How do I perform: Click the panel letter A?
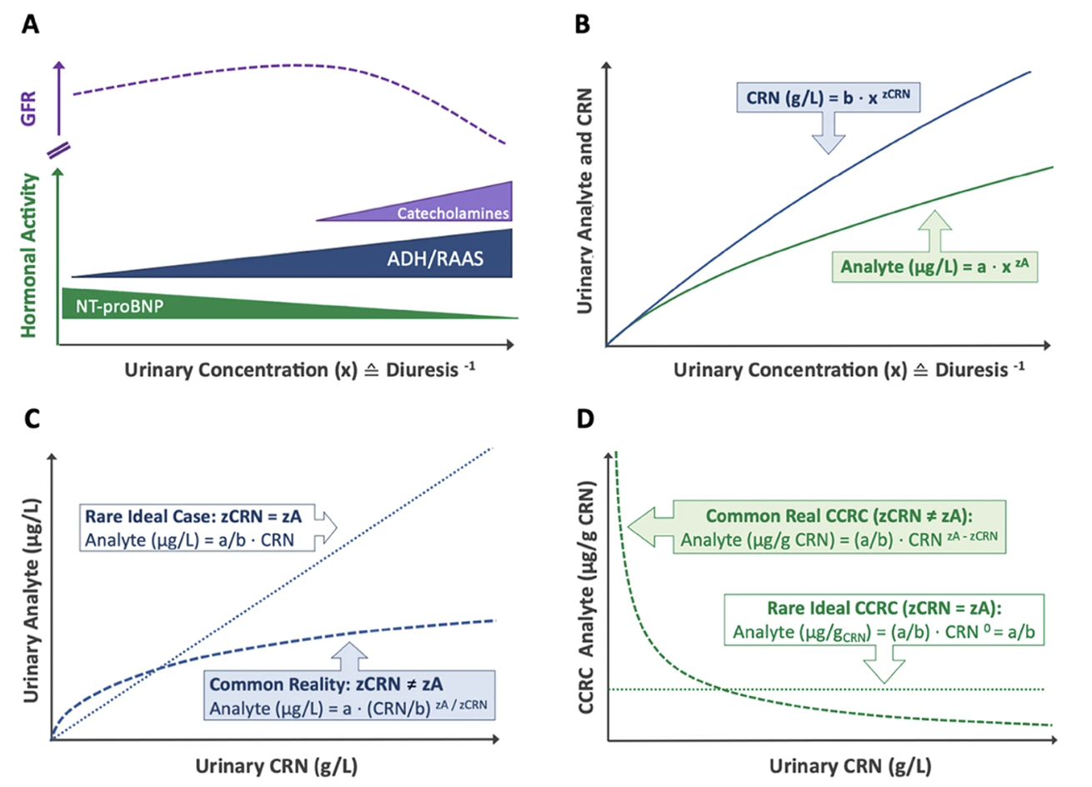coord(30,24)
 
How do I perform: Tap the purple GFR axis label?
coord(29,109)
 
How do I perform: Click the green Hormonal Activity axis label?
coord(29,255)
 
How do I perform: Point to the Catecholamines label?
coord(453,213)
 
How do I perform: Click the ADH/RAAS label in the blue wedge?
coord(434,258)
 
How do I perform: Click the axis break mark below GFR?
coord(58,151)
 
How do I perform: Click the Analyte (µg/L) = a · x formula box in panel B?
coord(934,267)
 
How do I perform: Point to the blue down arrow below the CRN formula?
coord(829,133)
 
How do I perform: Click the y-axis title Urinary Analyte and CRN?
coord(585,200)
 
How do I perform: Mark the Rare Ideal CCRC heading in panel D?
coord(884,609)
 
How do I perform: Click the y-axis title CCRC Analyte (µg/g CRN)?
coord(586,596)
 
